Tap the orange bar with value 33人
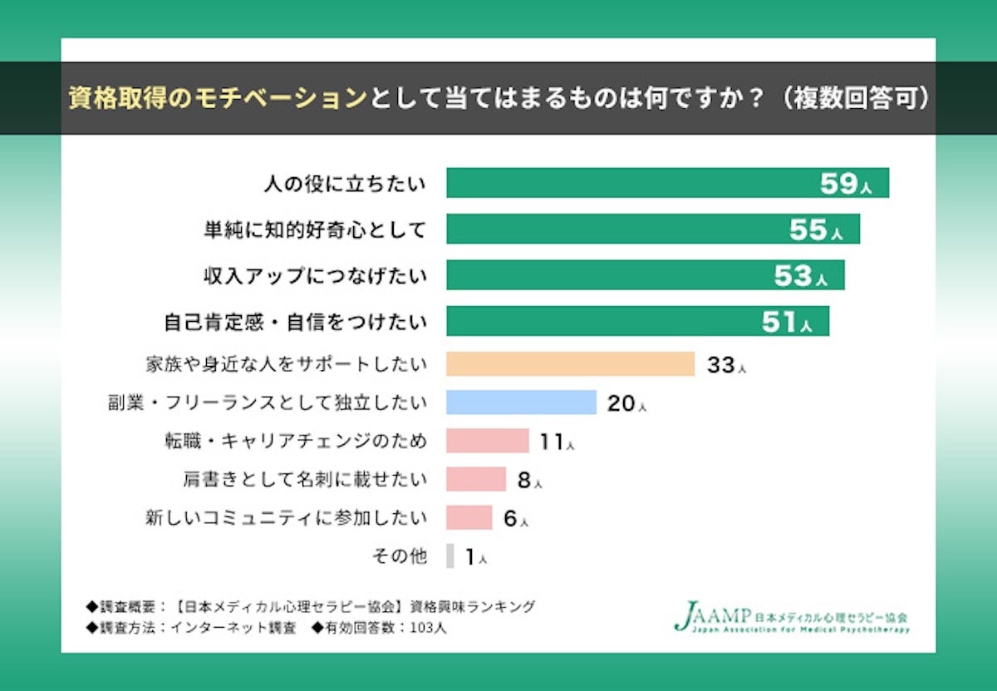(x=570, y=364)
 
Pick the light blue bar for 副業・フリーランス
(x=521, y=402)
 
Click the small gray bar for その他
(x=450, y=555)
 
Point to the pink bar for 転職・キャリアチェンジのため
(x=487, y=441)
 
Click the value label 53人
(x=800, y=276)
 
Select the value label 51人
(x=786, y=322)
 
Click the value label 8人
(x=529, y=480)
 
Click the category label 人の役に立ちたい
(x=344, y=184)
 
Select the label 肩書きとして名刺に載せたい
(x=305, y=479)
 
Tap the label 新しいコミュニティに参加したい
(x=286, y=517)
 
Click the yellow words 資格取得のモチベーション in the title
(x=218, y=98)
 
